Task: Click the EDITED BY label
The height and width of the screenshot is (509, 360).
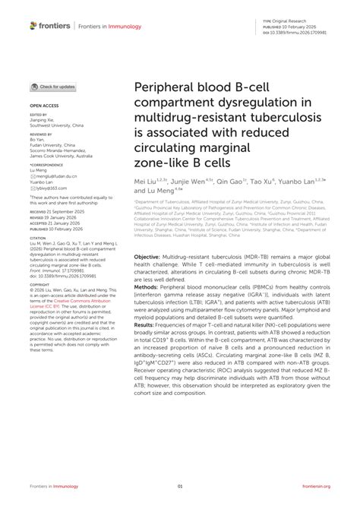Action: tap(39, 115)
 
